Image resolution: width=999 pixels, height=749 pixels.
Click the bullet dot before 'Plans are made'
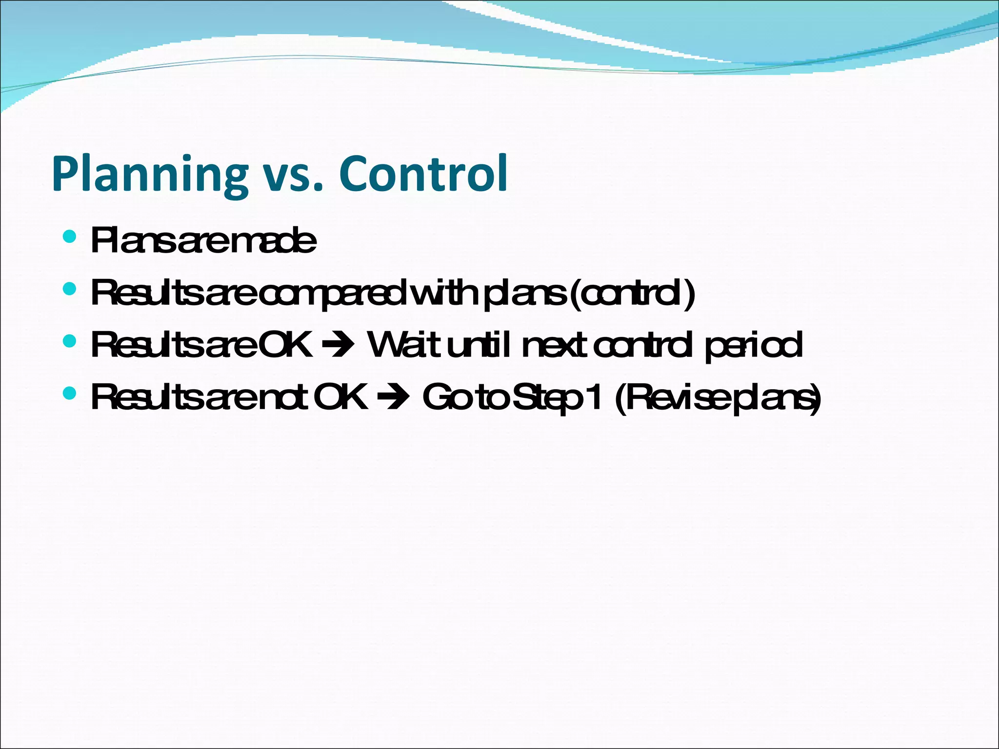click(70, 237)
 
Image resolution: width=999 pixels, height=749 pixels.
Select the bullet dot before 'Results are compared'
click(70, 289)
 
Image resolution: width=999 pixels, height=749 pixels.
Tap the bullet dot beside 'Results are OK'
click(70, 341)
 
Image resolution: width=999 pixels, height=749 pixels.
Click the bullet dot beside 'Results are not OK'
click(70, 393)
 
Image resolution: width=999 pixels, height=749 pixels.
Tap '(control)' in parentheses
click(631, 294)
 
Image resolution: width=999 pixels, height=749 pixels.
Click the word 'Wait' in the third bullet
click(404, 345)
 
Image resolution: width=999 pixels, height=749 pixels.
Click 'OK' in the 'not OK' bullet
click(340, 397)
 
